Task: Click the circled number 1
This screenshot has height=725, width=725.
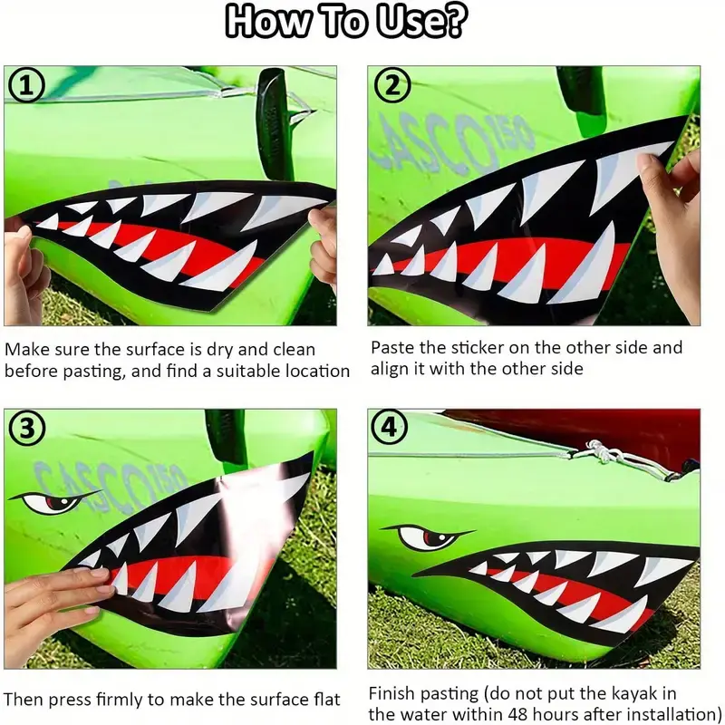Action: tap(27, 86)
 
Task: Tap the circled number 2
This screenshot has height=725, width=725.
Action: tap(392, 85)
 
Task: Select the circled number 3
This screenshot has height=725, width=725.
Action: tap(27, 428)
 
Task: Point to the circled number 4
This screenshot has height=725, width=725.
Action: tap(390, 427)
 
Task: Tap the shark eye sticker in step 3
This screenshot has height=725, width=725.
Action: tap(53, 502)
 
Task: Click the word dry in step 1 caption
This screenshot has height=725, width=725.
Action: tap(219, 350)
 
